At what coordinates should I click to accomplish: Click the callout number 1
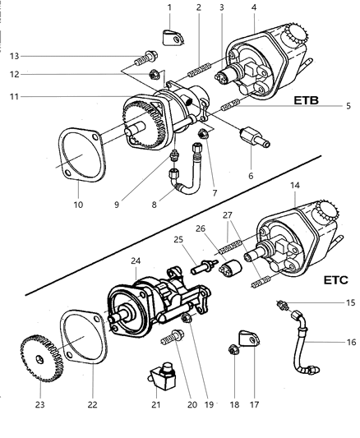[169, 7]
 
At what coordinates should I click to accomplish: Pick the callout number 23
[40, 404]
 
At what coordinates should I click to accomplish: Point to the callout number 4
[253, 7]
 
